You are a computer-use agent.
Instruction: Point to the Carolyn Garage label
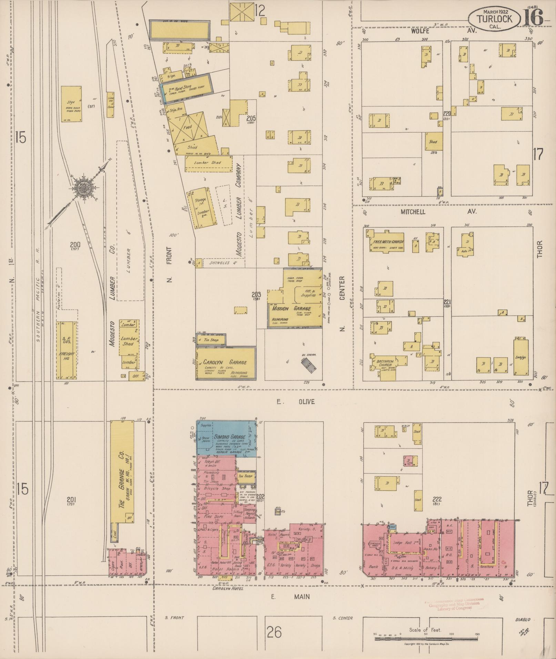pyautogui.click(x=224, y=362)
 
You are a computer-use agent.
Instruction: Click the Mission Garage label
pyautogui.click(x=291, y=309)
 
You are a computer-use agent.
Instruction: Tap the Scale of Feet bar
pyautogui.click(x=426, y=639)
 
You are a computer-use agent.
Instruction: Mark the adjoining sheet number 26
pyautogui.click(x=274, y=632)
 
